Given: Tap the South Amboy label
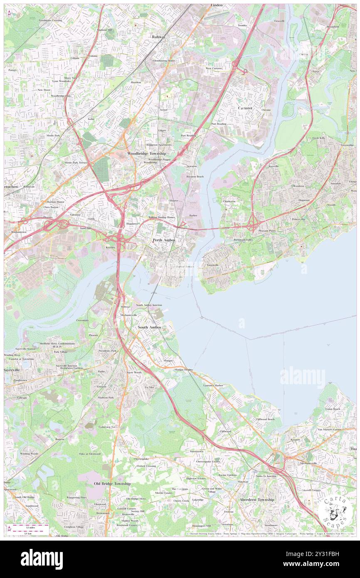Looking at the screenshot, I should (x=150, y=327).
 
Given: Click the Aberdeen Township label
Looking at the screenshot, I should (x=257, y=499).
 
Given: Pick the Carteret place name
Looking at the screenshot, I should (x=245, y=108).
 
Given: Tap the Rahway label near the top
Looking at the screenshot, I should (x=158, y=37).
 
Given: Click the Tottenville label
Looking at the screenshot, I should (x=210, y=265).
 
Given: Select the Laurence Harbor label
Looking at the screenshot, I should (x=213, y=385).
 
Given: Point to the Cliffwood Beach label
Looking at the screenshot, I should (x=265, y=419).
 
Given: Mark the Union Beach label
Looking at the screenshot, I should (x=333, y=409).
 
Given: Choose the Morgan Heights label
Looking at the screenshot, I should (x=183, y=369).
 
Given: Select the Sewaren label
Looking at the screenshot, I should (x=191, y=166).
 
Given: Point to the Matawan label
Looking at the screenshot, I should (x=243, y=482).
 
